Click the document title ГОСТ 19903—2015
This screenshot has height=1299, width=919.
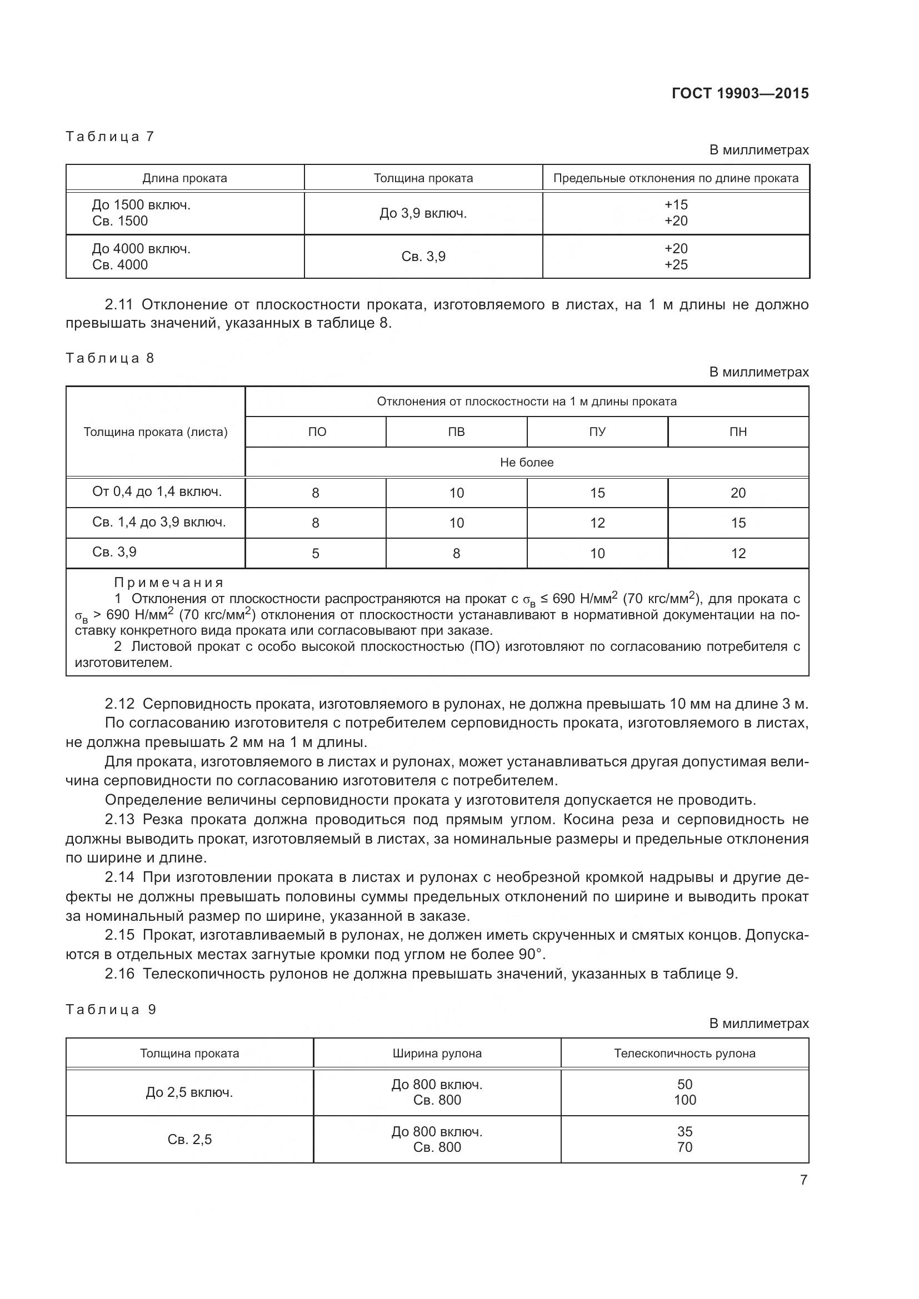click(x=740, y=93)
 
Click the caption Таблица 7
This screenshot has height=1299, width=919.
click(x=110, y=137)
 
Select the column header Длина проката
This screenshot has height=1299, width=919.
click(x=184, y=178)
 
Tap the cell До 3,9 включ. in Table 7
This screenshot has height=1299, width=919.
click(x=423, y=213)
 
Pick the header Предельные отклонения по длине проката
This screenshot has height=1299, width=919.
click(x=676, y=178)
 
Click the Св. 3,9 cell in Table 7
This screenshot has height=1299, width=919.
click(x=423, y=256)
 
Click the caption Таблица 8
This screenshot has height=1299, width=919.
click(x=110, y=358)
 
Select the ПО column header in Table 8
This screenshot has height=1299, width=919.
click(x=317, y=432)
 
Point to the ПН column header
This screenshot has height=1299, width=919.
click(x=738, y=432)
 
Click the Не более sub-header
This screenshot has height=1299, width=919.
click(x=526, y=462)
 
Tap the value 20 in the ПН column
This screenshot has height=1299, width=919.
click(x=738, y=493)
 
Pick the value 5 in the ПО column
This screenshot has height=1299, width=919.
click(x=315, y=553)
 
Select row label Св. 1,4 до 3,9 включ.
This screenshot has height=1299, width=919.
click(x=159, y=522)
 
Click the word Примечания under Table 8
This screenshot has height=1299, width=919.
click(x=169, y=582)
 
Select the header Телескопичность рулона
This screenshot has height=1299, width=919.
click(x=684, y=1054)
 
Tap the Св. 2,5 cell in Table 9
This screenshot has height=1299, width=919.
click(x=189, y=1140)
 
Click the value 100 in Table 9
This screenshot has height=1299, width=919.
click(x=685, y=1100)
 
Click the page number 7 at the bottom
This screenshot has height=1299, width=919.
click(x=803, y=1180)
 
